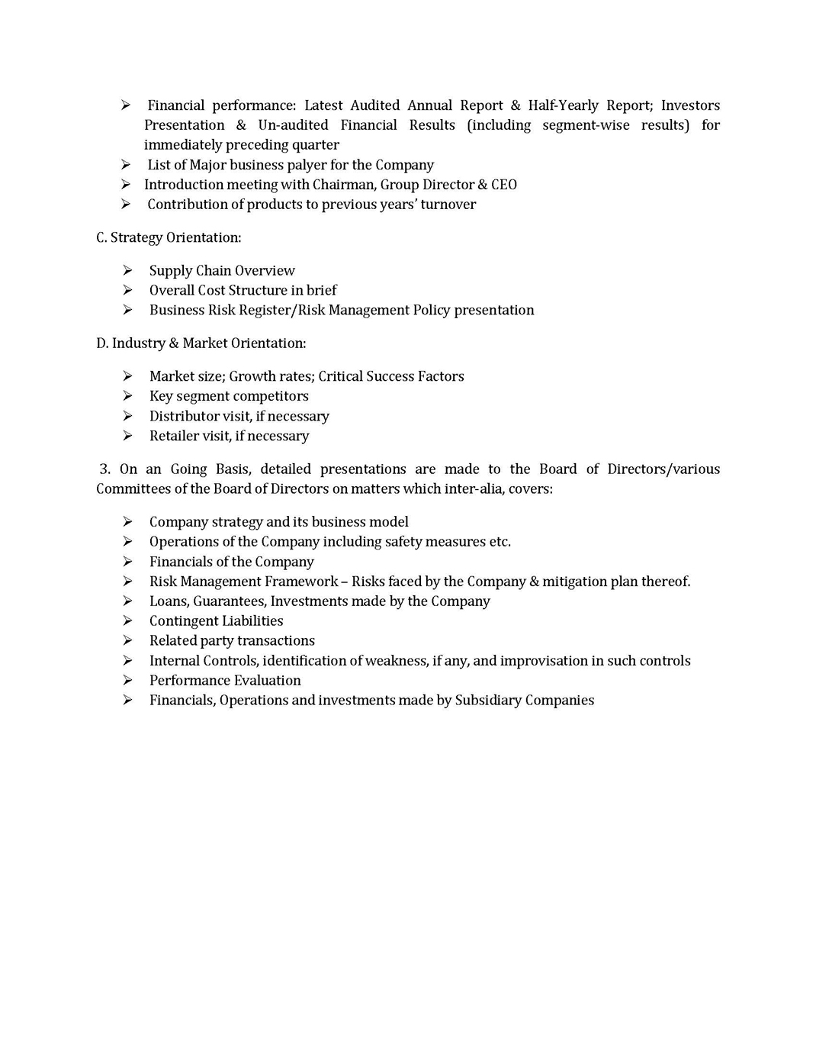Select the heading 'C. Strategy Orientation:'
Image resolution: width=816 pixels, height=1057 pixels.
pyautogui.click(x=169, y=237)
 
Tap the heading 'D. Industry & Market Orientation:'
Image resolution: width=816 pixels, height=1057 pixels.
pyautogui.click(x=201, y=343)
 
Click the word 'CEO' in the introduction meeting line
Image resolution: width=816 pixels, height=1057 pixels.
pyautogui.click(x=504, y=185)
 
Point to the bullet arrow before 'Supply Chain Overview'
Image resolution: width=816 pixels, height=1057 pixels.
pyautogui.click(x=127, y=270)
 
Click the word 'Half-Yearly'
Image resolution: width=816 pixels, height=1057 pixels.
pyautogui.click(x=563, y=105)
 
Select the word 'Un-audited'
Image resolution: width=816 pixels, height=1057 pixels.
pyautogui.click(x=293, y=125)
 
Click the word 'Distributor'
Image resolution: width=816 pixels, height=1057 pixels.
pyautogui.click(x=184, y=416)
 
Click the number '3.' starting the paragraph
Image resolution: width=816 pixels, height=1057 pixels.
pyautogui.click(x=105, y=469)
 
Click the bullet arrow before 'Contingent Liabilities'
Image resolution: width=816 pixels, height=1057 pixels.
pyautogui.click(x=127, y=620)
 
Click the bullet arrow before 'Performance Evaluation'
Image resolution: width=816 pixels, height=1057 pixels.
pyautogui.click(x=127, y=680)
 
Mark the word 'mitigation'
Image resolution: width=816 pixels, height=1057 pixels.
pyautogui.click(x=574, y=582)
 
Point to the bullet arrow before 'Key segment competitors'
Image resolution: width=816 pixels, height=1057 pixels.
pyautogui.click(x=127, y=395)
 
